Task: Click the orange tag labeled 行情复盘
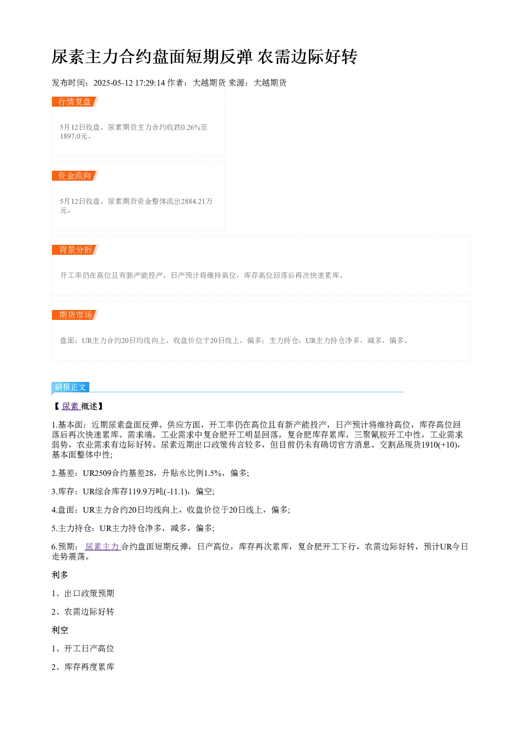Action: point(75,102)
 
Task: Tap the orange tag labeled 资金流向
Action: point(75,175)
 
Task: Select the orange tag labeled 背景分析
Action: point(75,250)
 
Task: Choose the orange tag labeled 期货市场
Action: point(75,315)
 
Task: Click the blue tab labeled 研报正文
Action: point(70,387)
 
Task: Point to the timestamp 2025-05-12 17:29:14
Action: point(129,82)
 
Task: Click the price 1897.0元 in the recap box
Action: point(74,136)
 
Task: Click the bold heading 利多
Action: point(60,575)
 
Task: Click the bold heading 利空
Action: point(60,630)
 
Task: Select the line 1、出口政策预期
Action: point(83,593)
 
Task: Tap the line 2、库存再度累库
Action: point(83,667)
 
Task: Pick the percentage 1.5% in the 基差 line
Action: point(213,473)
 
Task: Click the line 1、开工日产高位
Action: point(83,649)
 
